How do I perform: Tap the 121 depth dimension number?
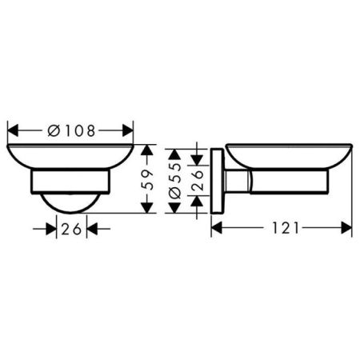click(x=282, y=228)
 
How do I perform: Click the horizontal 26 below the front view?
click(x=70, y=229)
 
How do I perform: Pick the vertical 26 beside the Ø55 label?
click(x=198, y=180)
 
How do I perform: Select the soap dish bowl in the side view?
click(x=288, y=156)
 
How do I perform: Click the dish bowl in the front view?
click(x=70, y=156)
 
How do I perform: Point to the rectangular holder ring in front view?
click(x=70, y=181)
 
